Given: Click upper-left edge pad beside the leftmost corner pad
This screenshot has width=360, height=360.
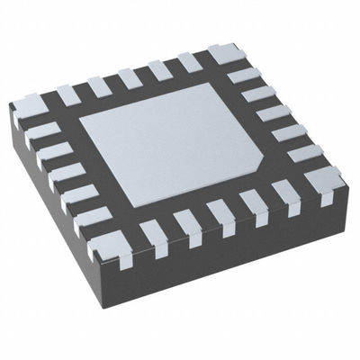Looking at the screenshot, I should (x=67, y=94).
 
